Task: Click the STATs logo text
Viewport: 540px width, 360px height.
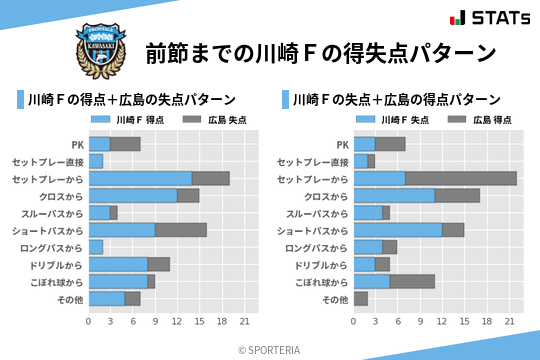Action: click(x=499, y=18)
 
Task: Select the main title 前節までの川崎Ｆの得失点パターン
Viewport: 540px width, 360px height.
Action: click(x=321, y=52)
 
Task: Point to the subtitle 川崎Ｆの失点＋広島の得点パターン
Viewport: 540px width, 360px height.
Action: click(x=396, y=100)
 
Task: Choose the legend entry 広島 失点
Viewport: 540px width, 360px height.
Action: click(x=215, y=120)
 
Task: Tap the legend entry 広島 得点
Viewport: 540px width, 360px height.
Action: click(x=480, y=120)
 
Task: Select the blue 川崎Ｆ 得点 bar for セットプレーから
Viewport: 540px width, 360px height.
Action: click(x=140, y=178)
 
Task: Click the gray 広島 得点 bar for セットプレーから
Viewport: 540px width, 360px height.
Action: click(x=461, y=178)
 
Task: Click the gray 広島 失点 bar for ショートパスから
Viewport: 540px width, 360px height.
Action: click(x=181, y=230)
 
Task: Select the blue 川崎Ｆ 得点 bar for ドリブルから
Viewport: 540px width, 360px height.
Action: click(x=118, y=264)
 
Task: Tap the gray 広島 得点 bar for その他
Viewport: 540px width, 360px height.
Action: click(x=361, y=299)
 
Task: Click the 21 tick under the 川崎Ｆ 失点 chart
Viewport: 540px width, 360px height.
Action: click(x=510, y=321)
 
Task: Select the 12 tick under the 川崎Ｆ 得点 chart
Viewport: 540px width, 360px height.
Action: click(x=176, y=321)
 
